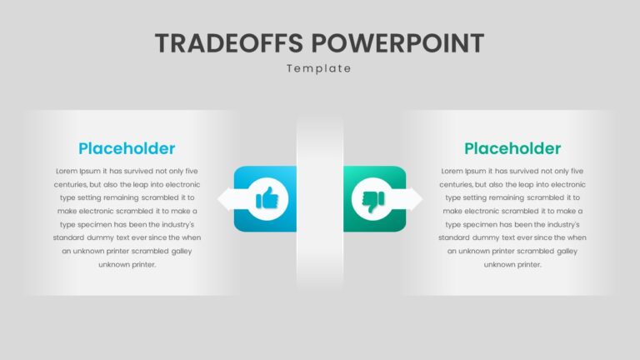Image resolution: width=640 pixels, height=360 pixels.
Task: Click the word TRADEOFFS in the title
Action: pos(229,43)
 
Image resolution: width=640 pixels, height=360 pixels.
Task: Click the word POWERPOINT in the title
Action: pos(398,43)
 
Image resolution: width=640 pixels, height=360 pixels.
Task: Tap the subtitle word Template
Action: pos(319,68)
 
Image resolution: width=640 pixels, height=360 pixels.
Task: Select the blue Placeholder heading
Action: pos(127,148)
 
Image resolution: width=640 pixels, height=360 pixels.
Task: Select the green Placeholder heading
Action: pos(512,148)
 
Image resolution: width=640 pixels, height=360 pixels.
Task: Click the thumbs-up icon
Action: pos(267,198)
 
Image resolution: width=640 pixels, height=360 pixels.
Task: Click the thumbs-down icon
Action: pos(373,201)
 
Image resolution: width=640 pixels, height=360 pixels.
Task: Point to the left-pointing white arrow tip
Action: pos(218,199)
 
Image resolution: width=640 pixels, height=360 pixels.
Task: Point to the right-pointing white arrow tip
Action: pos(422,199)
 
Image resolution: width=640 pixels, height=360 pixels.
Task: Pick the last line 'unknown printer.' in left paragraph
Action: pos(127,264)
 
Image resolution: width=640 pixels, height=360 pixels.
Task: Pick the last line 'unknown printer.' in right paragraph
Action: pos(512,264)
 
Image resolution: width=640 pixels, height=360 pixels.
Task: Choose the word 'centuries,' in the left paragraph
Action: pos(70,184)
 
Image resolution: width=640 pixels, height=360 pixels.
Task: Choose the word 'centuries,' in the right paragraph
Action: pos(456,184)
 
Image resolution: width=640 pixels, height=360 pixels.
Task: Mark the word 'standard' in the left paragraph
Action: pos(67,237)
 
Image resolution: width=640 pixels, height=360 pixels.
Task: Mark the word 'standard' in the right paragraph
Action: pos(453,237)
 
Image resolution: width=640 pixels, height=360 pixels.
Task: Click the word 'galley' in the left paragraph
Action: pos(182,252)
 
